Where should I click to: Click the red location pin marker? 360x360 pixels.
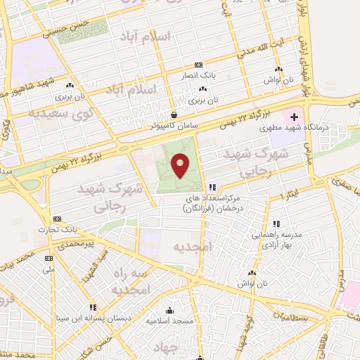click(x=181, y=165)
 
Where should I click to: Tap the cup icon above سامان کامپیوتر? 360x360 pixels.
click(x=174, y=114)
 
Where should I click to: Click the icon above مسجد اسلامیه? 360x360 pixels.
click(x=169, y=311)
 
